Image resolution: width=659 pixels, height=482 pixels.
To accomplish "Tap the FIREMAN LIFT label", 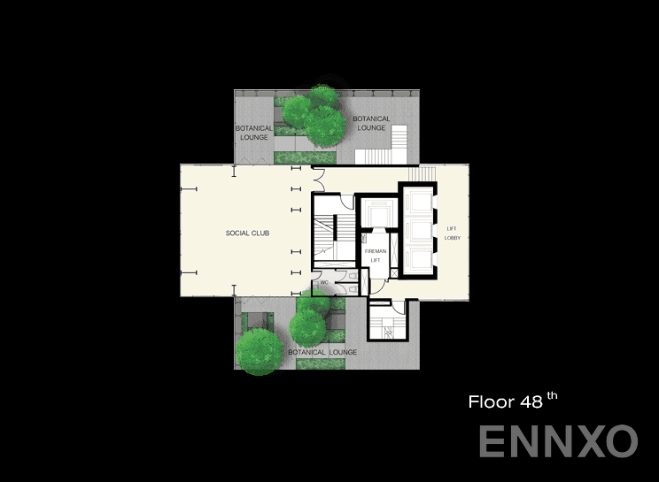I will pyautogui.click(x=375, y=256).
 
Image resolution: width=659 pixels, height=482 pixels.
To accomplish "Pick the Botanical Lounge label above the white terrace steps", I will pyautogui.click(x=371, y=123).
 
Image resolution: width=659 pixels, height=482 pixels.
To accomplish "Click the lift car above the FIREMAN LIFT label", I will pyautogui.click(x=376, y=216).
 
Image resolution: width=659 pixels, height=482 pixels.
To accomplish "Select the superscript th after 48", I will pyautogui.click(x=552, y=396).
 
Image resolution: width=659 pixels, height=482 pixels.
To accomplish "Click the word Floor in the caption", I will pyautogui.click(x=491, y=402).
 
